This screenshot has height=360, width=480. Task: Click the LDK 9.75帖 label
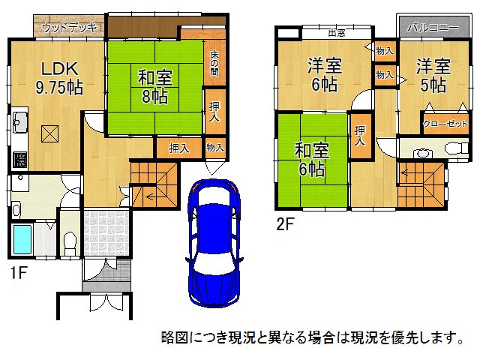56,77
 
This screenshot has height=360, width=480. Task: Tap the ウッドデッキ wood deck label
69,28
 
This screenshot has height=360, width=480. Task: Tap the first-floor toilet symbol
70,242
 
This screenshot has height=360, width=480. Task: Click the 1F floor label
19,273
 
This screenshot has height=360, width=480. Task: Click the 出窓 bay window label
336,32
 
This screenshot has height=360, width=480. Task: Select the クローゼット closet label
445,124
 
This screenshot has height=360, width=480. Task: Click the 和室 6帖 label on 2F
310,159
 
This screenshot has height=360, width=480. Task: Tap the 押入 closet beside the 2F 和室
360,136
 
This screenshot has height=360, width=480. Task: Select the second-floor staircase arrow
411,175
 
